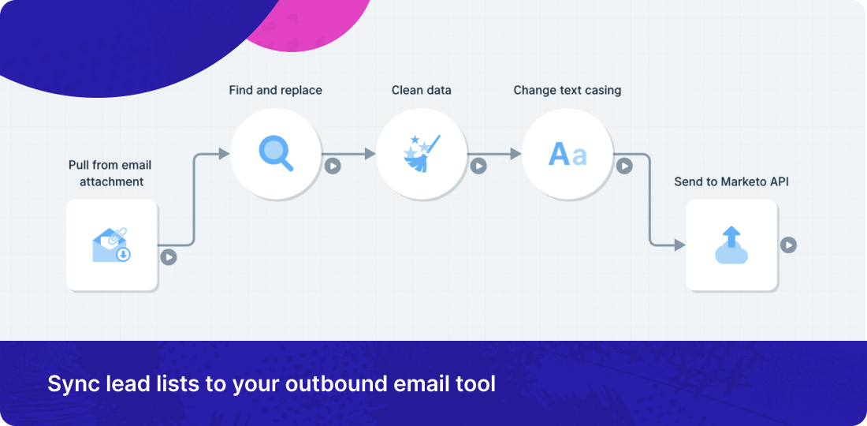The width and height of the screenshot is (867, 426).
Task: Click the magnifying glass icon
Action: (x=276, y=153)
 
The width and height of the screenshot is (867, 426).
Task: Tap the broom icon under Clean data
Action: (x=422, y=153)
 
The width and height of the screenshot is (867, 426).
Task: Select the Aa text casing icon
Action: (x=567, y=154)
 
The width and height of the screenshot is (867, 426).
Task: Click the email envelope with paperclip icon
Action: (x=111, y=245)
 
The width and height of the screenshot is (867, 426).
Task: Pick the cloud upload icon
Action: (x=731, y=245)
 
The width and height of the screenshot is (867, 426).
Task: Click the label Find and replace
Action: (x=275, y=90)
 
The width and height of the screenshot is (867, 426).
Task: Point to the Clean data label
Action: (x=422, y=90)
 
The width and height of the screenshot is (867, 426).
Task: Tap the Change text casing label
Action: (x=567, y=90)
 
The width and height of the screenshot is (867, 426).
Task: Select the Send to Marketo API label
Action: (x=731, y=181)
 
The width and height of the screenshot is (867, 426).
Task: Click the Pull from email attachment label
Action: (x=110, y=174)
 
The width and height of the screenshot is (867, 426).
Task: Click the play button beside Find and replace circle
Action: (x=333, y=166)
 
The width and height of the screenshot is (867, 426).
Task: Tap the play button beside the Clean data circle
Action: (x=478, y=166)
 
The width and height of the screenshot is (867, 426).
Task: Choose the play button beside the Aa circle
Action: (x=624, y=166)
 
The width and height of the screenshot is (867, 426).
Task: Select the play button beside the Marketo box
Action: (x=788, y=245)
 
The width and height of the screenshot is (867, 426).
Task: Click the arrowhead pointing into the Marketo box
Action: (x=680, y=245)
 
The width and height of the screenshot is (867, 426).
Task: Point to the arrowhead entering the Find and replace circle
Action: (x=224, y=154)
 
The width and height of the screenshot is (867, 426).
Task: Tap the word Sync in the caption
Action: (x=68, y=384)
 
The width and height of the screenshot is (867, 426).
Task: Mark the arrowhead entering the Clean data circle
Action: (x=370, y=154)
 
